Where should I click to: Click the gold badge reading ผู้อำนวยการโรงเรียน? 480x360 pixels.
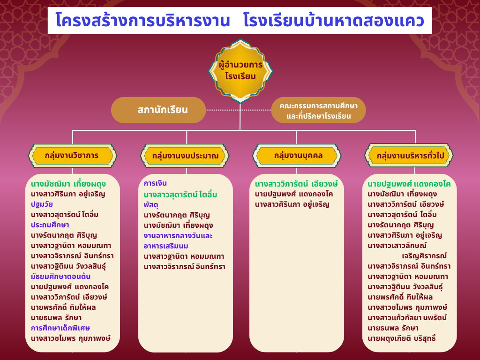[x=240, y=71]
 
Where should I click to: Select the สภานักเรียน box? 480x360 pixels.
[x=158, y=110]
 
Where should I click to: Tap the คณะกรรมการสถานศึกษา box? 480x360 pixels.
[x=318, y=110]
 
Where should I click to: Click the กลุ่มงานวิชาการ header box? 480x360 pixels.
[x=73, y=156]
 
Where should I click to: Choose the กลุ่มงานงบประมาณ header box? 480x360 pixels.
[x=185, y=156]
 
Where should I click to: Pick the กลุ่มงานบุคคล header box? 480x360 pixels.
[x=297, y=156]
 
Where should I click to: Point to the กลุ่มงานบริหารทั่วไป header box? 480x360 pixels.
[x=409, y=156]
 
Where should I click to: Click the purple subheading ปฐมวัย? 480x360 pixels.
[x=42, y=204]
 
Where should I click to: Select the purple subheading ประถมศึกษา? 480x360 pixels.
[x=50, y=225]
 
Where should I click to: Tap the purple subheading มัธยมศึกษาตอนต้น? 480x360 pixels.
[x=60, y=277]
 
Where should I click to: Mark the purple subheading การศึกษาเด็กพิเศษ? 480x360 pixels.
[x=60, y=328]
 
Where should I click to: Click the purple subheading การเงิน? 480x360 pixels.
[x=155, y=183]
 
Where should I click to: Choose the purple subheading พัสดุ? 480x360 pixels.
[x=151, y=205]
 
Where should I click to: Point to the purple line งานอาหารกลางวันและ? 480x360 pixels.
[x=178, y=236]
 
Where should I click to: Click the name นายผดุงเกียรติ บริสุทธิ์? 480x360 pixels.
[x=402, y=338]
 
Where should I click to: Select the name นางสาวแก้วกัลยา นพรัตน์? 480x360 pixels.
[x=407, y=317]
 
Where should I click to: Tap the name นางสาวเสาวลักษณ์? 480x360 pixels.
[x=397, y=246]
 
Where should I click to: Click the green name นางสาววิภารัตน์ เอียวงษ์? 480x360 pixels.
[x=296, y=184]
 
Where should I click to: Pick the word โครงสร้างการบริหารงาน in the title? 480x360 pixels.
[x=142, y=21]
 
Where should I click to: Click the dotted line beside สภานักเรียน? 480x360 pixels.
[x=239, y=110]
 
